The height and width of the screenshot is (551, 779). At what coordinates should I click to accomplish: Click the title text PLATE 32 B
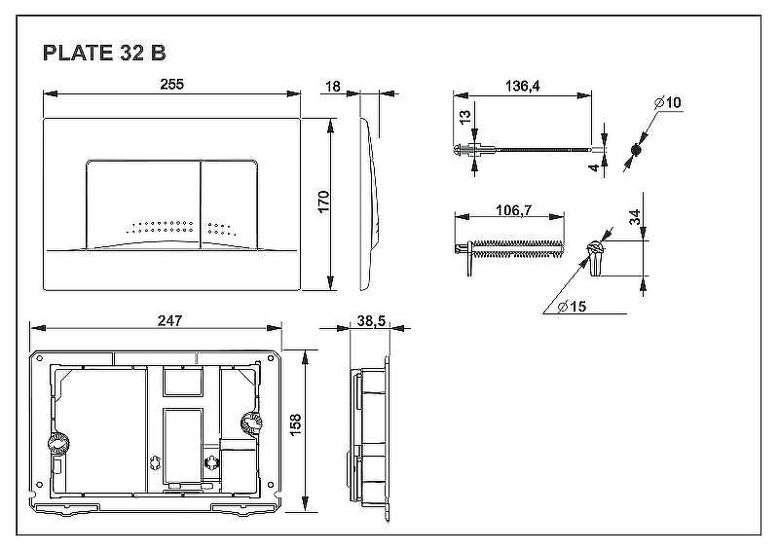[104, 53]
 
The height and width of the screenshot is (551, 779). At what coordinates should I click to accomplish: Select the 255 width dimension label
[172, 84]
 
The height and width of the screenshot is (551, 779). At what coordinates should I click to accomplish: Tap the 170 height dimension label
[323, 202]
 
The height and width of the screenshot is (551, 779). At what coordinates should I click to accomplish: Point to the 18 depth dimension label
[332, 87]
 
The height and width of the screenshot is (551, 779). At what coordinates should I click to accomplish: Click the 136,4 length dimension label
[522, 86]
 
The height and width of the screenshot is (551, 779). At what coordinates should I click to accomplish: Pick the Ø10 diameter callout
[668, 103]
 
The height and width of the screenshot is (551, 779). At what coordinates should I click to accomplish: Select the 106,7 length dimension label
[514, 210]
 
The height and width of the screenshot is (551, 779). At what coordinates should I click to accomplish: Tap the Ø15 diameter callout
[572, 306]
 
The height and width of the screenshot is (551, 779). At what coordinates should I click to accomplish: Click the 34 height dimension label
[636, 217]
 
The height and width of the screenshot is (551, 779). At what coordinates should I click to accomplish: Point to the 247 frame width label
[169, 320]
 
